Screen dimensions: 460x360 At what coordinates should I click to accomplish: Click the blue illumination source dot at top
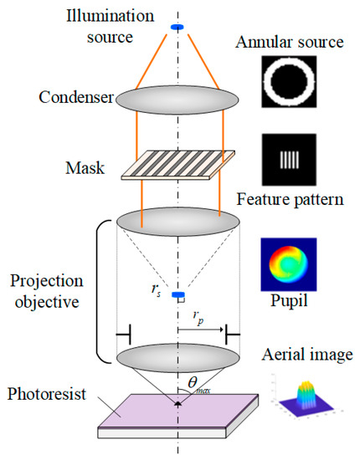click(177, 28)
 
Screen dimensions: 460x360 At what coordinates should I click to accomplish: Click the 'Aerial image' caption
click(306, 355)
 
